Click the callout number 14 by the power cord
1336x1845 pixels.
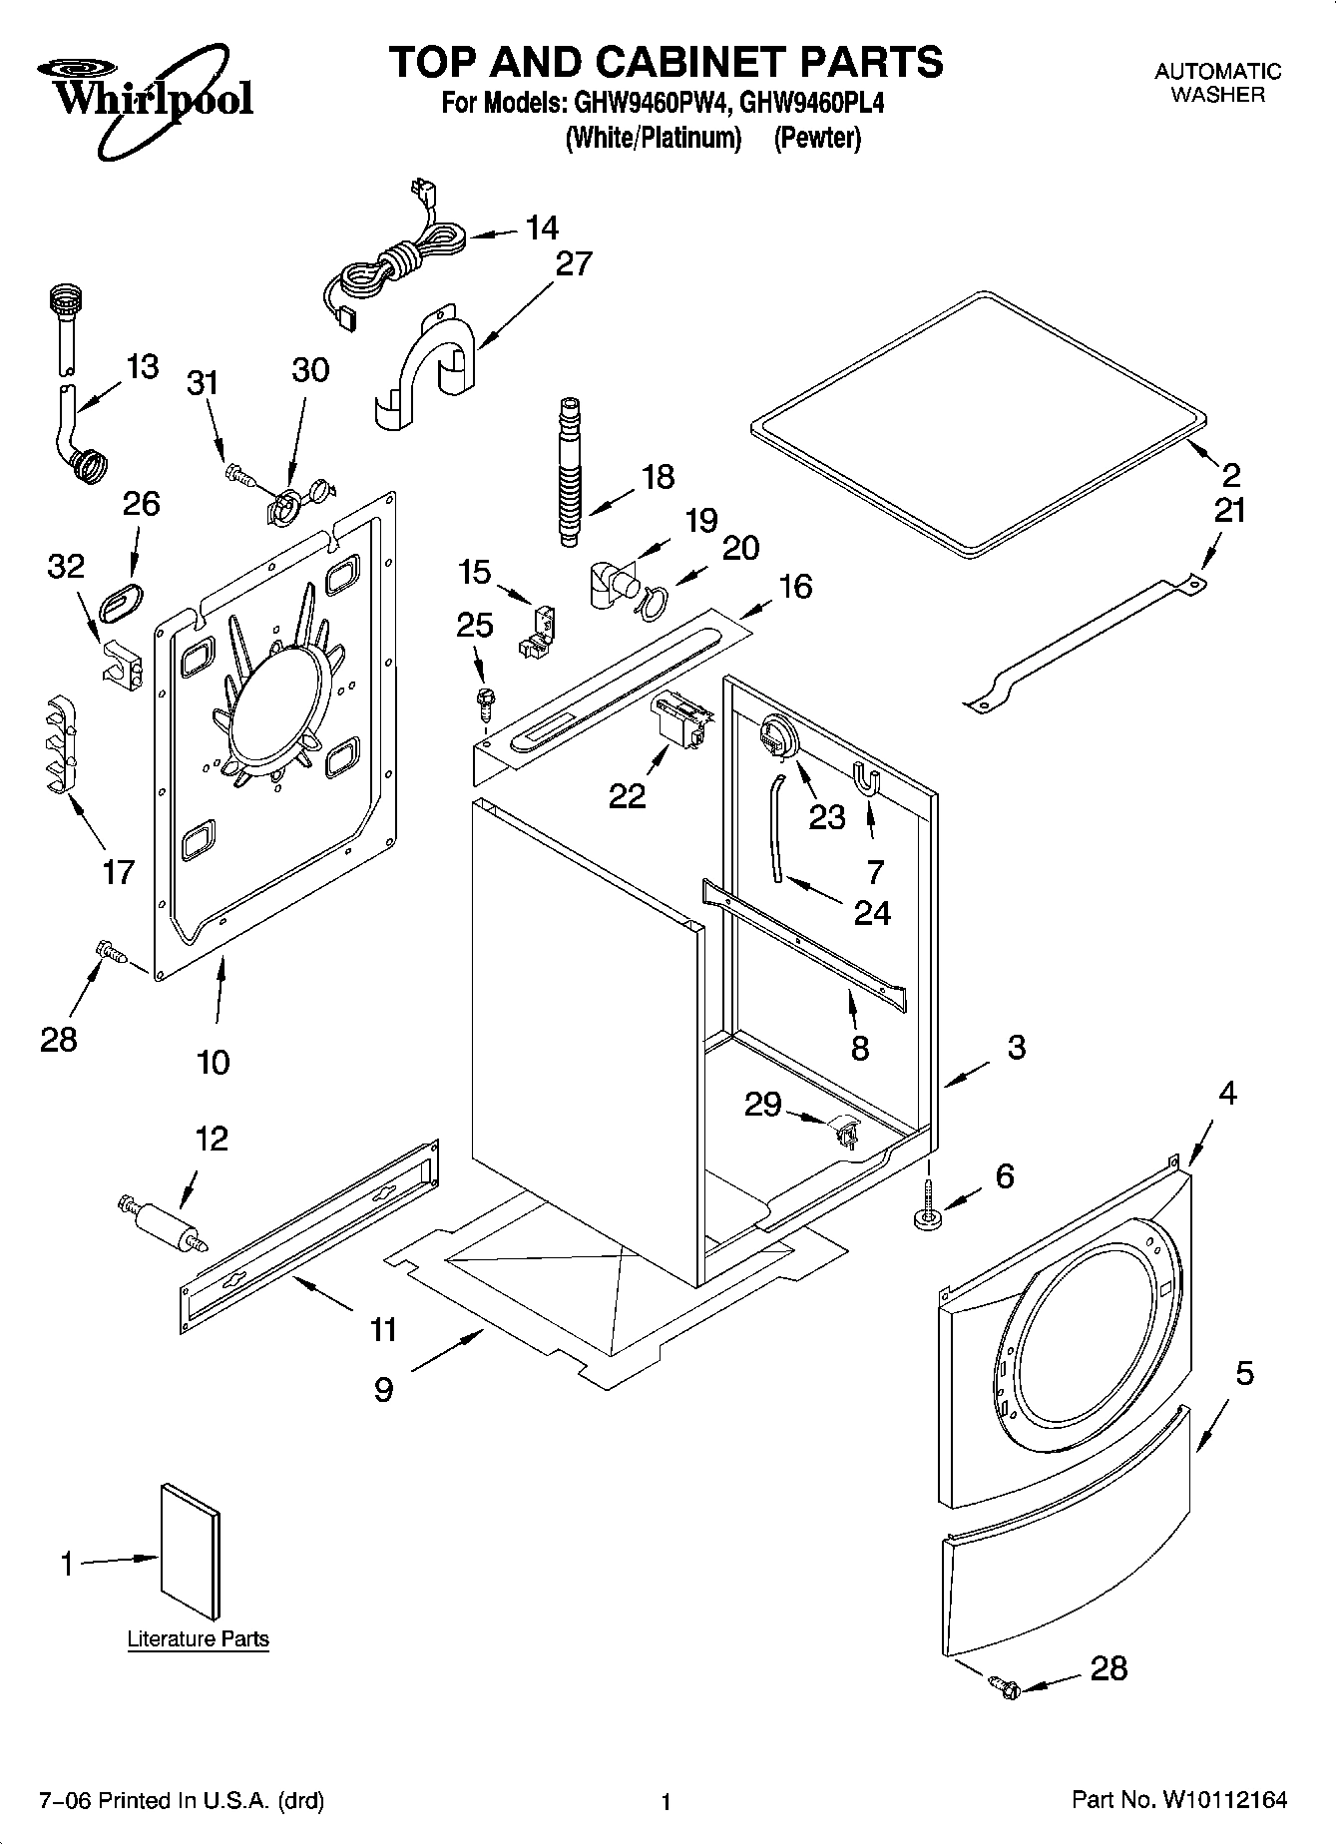[542, 229]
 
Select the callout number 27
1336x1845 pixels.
[574, 264]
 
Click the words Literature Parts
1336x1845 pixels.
[198, 1638]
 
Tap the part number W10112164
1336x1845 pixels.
[1223, 1800]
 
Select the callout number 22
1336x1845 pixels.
[628, 795]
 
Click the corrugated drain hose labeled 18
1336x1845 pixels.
[569, 470]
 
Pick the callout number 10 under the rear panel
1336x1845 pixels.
[213, 1062]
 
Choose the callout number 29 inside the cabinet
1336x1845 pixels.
[763, 1105]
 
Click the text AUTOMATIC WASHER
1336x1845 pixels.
[1217, 83]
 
